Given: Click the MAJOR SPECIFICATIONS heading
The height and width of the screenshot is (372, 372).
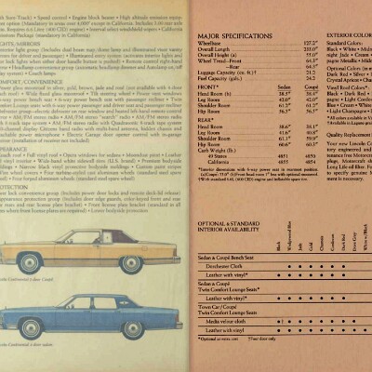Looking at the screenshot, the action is coord(232,33).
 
